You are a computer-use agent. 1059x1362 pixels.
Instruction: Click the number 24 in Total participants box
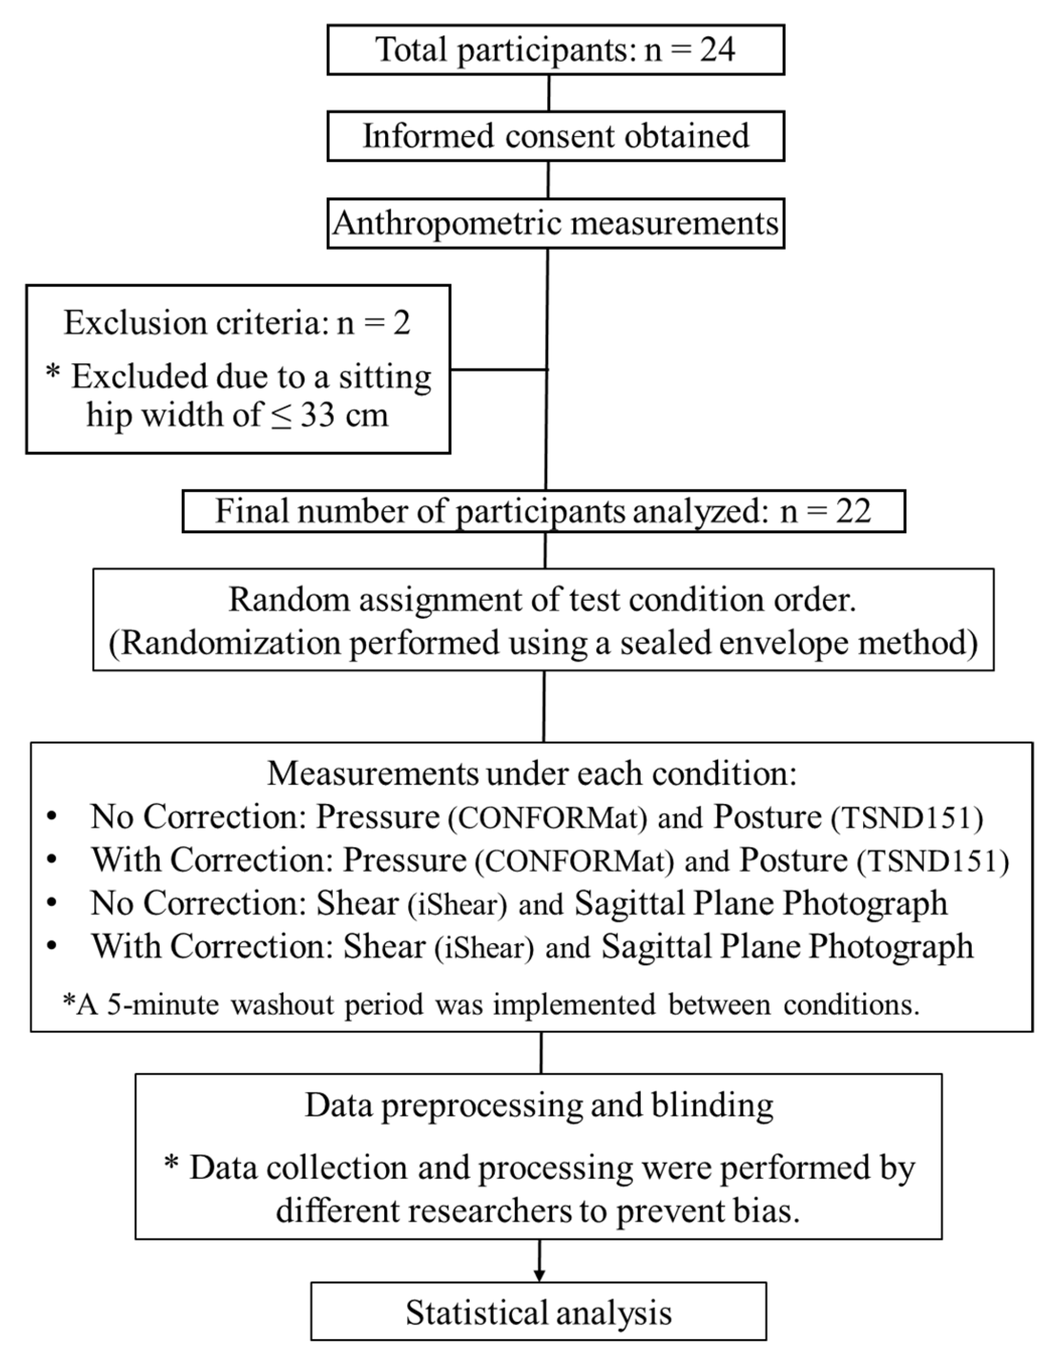click(x=717, y=49)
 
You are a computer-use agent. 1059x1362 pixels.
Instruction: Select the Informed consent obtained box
click(x=555, y=136)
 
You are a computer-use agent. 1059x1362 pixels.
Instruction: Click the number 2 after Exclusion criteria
click(x=402, y=323)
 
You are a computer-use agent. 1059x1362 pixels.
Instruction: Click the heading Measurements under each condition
click(x=531, y=774)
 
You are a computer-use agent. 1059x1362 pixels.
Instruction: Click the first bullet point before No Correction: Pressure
click(x=52, y=816)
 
